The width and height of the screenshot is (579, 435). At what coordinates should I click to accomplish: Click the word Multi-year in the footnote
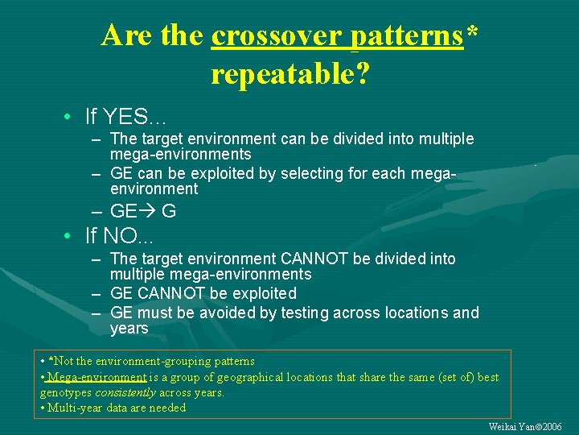tap(76, 408)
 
